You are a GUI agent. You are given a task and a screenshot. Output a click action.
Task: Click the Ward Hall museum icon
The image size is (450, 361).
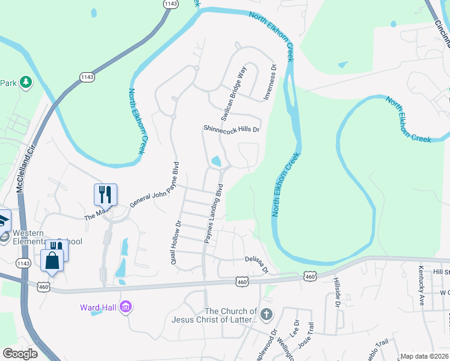tap(126, 307)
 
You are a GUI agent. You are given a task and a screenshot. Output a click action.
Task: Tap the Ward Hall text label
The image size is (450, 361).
tap(99, 307)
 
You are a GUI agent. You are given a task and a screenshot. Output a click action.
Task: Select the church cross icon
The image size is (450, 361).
tap(267, 313)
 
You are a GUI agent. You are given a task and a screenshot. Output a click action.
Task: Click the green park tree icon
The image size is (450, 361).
tap(25, 82)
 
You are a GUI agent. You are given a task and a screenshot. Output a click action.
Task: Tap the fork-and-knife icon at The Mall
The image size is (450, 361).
tap(105, 194)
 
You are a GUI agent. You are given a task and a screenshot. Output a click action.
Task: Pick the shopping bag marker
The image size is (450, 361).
tap(52, 261)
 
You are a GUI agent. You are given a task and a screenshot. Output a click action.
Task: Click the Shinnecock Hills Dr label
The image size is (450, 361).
tap(231, 129)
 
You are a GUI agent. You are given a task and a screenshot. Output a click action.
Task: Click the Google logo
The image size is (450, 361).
tap(20, 354)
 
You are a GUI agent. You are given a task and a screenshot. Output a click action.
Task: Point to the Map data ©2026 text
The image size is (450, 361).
tap(424, 356)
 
